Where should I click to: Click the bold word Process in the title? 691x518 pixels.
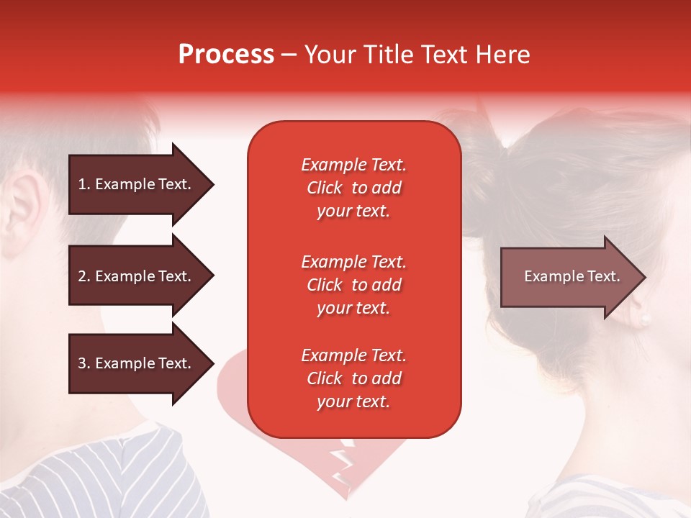pyautogui.click(x=226, y=55)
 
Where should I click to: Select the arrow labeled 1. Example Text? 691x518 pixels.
pyautogui.click(x=137, y=184)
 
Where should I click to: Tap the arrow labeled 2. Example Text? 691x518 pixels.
pyautogui.click(x=137, y=276)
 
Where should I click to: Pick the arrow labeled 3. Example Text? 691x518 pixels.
pyautogui.click(x=137, y=363)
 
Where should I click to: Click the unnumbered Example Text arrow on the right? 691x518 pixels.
pyautogui.click(x=569, y=277)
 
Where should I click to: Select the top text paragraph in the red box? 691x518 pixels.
pyautogui.click(x=353, y=188)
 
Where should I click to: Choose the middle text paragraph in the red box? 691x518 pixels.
pyautogui.click(x=353, y=285)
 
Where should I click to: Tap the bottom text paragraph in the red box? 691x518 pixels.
pyautogui.click(x=353, y=378)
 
